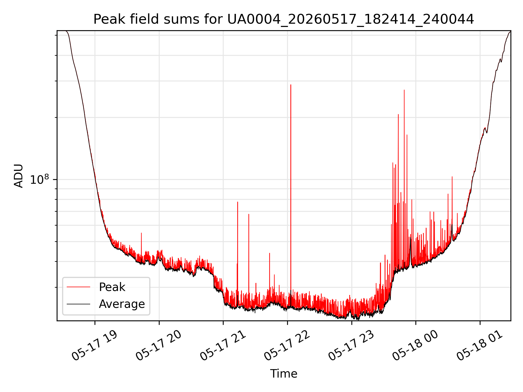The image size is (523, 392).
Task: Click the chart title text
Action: tap(284, 19)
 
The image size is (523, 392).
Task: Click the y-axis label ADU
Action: tap(19, 176)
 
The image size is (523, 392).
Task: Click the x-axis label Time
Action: tap(284, 374)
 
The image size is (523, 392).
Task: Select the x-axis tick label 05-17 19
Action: tap(95, 346)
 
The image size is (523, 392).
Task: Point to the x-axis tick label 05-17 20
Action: tap(159, 346)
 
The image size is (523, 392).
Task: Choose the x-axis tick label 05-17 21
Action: tap(223, 346)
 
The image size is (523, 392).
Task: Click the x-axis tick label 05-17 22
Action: tap(287, 346)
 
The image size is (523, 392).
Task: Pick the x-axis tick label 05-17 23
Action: tap(351, 346)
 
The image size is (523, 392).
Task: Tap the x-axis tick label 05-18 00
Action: tap(415, 346)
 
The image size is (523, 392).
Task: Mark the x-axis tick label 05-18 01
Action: tap(480, 346)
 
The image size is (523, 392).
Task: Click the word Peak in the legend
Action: tap(112, 287)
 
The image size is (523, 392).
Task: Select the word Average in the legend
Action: tap(122, 304)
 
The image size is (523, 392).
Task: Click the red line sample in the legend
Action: tap(78, 287)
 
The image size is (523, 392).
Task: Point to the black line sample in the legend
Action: tap(78, 304)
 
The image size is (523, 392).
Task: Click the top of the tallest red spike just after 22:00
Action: tap(291, 85)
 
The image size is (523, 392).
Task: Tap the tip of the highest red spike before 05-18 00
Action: tap(404, 90)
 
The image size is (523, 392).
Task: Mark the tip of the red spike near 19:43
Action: tap(141, 233)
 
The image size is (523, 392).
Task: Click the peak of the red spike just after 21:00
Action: tap(238, 202)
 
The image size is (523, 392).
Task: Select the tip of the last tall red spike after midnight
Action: tap(452, 177)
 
